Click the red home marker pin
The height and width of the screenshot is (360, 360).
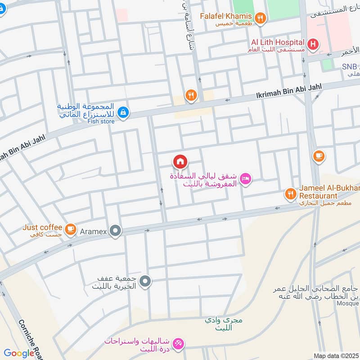180,161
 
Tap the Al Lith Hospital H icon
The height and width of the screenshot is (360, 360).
313,44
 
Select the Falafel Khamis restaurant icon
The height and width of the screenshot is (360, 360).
260,18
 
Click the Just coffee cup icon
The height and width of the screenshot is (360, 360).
70,229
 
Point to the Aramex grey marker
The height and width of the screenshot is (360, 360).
116,231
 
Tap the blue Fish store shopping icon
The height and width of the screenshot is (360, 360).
122,112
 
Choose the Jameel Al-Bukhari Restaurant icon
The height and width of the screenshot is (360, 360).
290,194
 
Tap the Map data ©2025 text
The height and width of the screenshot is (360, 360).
335,355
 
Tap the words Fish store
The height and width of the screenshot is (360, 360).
101,121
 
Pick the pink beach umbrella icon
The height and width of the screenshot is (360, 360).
179,344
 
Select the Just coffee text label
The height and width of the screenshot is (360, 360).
42,227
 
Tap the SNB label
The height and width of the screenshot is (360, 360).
349,66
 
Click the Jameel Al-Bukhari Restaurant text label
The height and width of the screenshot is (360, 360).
323,193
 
